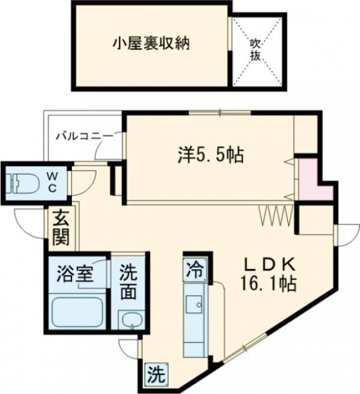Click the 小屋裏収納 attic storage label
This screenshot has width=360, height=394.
point(150,44)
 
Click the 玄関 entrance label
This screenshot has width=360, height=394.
point(60,226)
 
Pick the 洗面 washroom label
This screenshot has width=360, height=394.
point(129,282)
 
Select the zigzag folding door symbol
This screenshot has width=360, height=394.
point(273,215)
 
